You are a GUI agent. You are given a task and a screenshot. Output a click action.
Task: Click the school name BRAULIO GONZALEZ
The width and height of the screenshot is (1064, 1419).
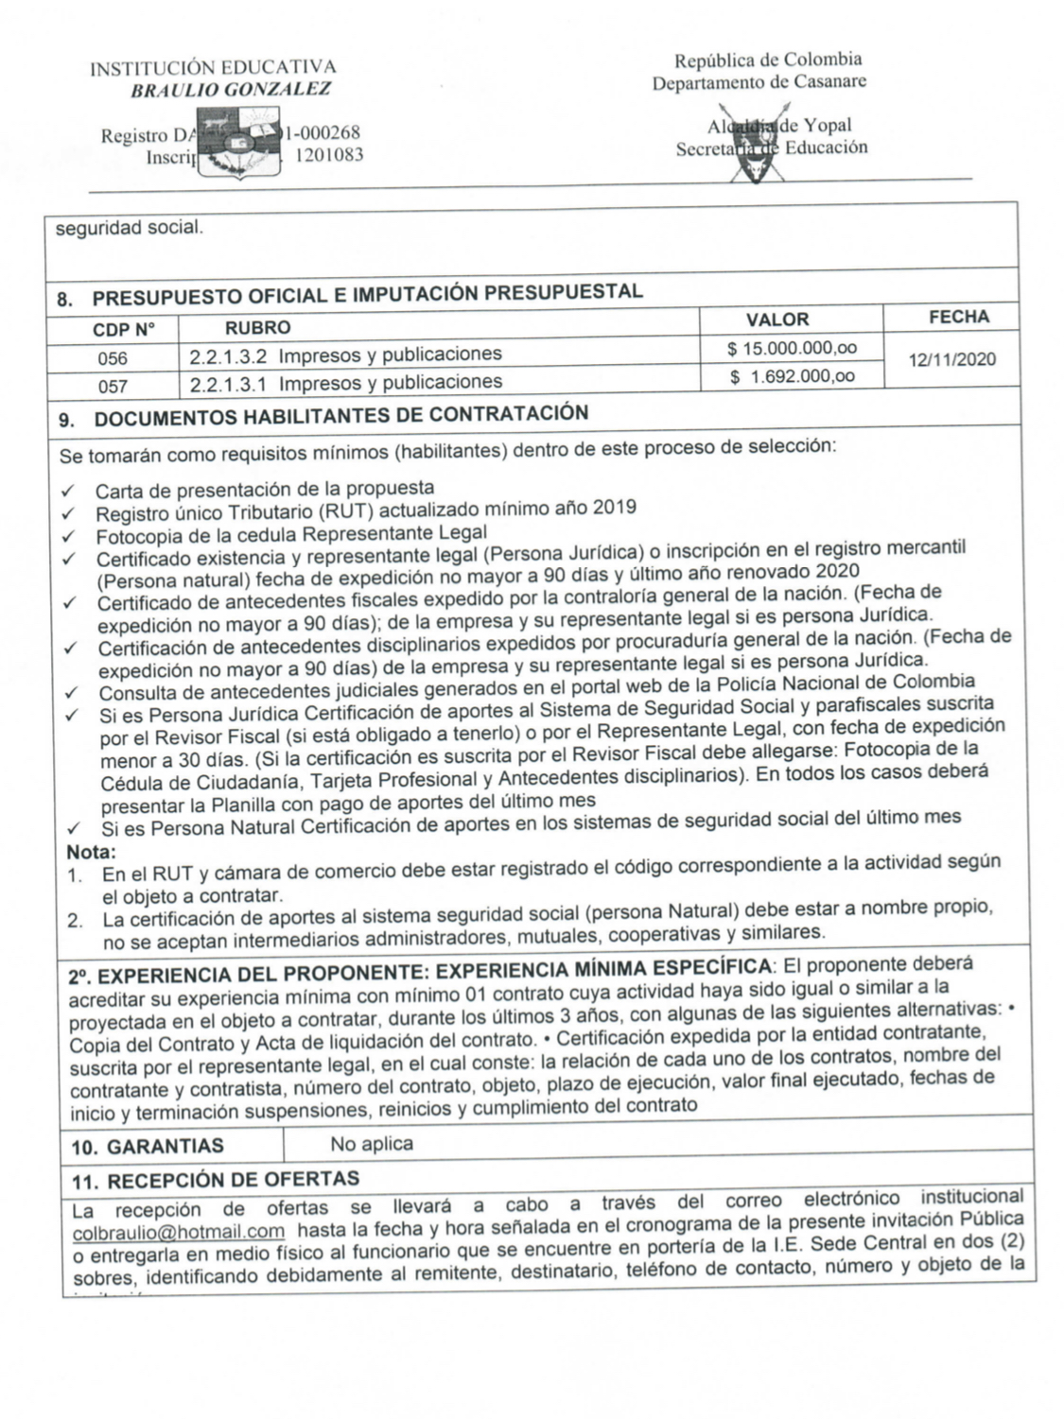point(231,91)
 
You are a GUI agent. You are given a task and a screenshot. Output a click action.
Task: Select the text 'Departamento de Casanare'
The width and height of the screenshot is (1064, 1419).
point(759,82)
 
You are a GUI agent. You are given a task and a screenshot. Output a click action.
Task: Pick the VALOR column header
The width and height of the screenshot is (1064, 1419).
point(777,320)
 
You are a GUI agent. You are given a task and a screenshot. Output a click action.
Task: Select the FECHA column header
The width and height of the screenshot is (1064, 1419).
point(958,318)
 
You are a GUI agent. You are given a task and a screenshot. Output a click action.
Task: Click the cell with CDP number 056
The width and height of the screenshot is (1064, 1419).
point(113,358)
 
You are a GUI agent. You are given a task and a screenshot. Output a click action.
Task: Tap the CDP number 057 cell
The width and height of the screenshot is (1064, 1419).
point(113,386)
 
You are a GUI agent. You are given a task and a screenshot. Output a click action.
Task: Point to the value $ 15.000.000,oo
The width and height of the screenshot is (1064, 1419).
point(792,349)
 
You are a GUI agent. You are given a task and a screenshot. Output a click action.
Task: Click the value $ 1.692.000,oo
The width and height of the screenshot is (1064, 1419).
point(792,377)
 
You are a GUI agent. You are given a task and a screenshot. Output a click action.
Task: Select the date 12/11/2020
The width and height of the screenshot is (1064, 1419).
point(951,359)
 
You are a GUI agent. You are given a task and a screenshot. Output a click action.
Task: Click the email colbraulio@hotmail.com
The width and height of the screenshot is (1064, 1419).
point(179,1232)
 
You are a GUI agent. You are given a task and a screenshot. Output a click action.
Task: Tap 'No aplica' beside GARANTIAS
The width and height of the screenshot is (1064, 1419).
point(372,1143)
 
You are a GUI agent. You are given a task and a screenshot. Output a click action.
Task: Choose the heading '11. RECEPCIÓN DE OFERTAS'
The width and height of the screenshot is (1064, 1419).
point(216,1179)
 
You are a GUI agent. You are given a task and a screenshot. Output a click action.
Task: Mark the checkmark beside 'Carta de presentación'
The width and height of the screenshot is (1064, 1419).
point(68,492)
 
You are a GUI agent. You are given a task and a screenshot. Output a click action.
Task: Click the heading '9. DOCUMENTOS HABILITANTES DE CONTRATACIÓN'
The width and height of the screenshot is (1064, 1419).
point(323,415)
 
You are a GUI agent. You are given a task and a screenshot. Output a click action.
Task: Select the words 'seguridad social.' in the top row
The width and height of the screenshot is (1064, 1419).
point(128,228)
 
